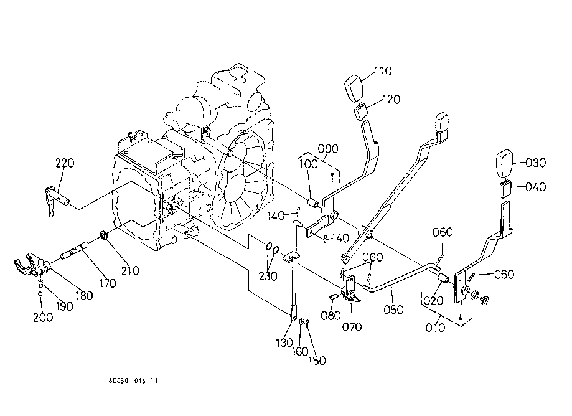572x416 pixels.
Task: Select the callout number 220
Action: pos(65,163)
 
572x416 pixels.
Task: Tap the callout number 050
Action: pos(393,309)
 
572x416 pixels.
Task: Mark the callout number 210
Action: pos(130,270)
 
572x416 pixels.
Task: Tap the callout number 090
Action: pos(327,149)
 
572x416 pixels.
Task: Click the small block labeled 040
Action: pos(505,187)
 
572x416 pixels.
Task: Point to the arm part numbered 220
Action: pos(57,199)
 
